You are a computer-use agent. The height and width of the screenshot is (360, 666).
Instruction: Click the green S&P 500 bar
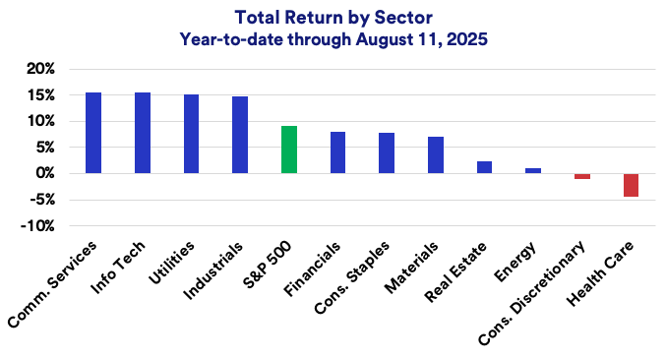point(289,150)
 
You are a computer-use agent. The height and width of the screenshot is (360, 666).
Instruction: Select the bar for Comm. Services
point(93,133)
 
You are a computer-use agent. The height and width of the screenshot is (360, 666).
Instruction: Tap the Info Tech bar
point(143,133)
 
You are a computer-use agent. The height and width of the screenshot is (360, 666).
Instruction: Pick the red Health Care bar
point(631,185)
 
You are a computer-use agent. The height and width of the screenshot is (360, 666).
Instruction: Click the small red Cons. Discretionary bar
point(582,176)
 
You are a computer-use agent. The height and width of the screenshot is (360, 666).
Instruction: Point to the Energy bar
point(533,171)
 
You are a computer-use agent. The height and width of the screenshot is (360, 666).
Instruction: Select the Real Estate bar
point(484,167)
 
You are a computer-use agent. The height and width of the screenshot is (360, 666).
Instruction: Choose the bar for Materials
point(436,154)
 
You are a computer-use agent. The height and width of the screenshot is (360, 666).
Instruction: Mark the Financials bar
point(337,152)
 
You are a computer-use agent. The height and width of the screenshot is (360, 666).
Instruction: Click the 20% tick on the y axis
point(40,69)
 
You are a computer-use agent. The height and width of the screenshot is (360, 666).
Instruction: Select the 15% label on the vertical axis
point(40,95)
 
